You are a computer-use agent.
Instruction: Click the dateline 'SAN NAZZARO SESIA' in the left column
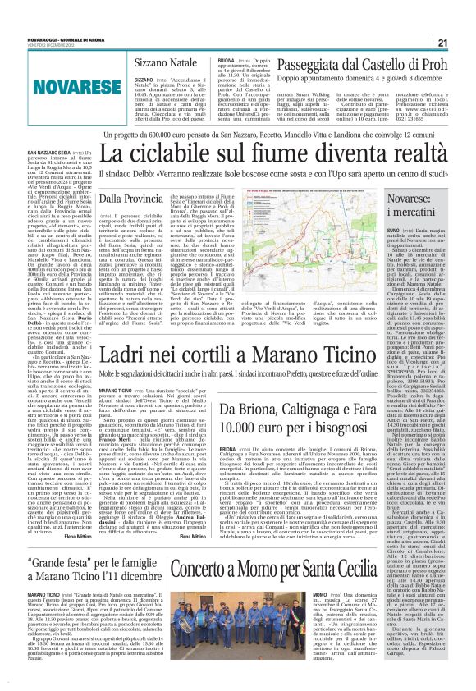click(48, 176)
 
